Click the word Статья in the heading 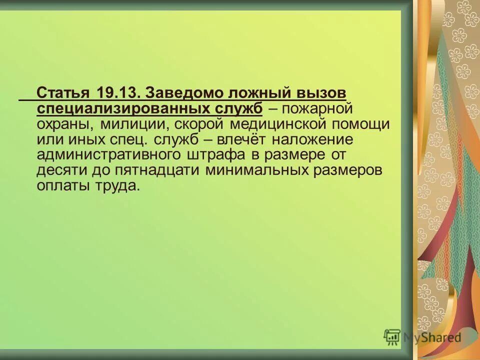(x=63, y=93)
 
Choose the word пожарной (x=315, y=108)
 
